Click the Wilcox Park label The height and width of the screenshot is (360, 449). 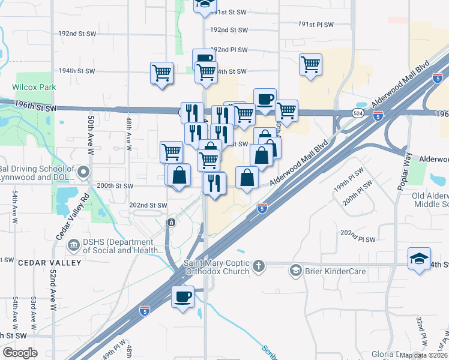tap(34, 87)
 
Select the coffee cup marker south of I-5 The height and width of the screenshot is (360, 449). tap(183, 296)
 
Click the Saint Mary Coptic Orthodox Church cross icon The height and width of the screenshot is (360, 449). tap(259, 266)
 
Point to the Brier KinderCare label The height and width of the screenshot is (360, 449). tap(328, 271)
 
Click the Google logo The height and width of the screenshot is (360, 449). tap(20, 353)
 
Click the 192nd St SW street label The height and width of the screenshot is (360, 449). tap(76, 34)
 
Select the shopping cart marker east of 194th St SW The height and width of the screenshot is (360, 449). tap(310, 65)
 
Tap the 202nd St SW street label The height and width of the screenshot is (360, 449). tap(148, 205)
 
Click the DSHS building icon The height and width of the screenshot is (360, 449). tap(74, 244)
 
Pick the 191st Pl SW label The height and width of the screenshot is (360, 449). tap(316, 24)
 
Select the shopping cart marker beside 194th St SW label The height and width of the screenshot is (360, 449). tap(161, 73)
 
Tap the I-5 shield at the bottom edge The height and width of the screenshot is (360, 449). tap(144, 310)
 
